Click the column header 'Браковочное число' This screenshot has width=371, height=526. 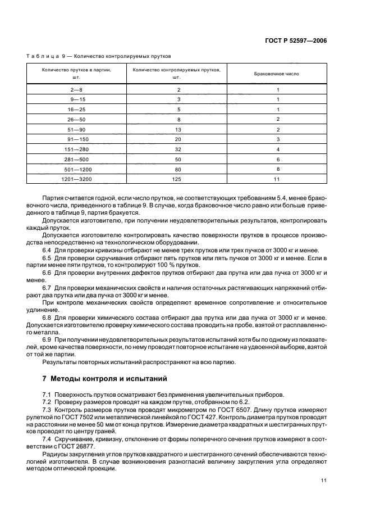[x=277, y=74]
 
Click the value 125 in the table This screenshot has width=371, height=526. [x=178, y=179]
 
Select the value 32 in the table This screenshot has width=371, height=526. [x=178, y=149]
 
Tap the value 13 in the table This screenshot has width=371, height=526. [x=178, y=129]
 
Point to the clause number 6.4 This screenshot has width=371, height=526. [x=47, y=250]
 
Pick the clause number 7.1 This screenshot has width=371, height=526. [x=47, y=394]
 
